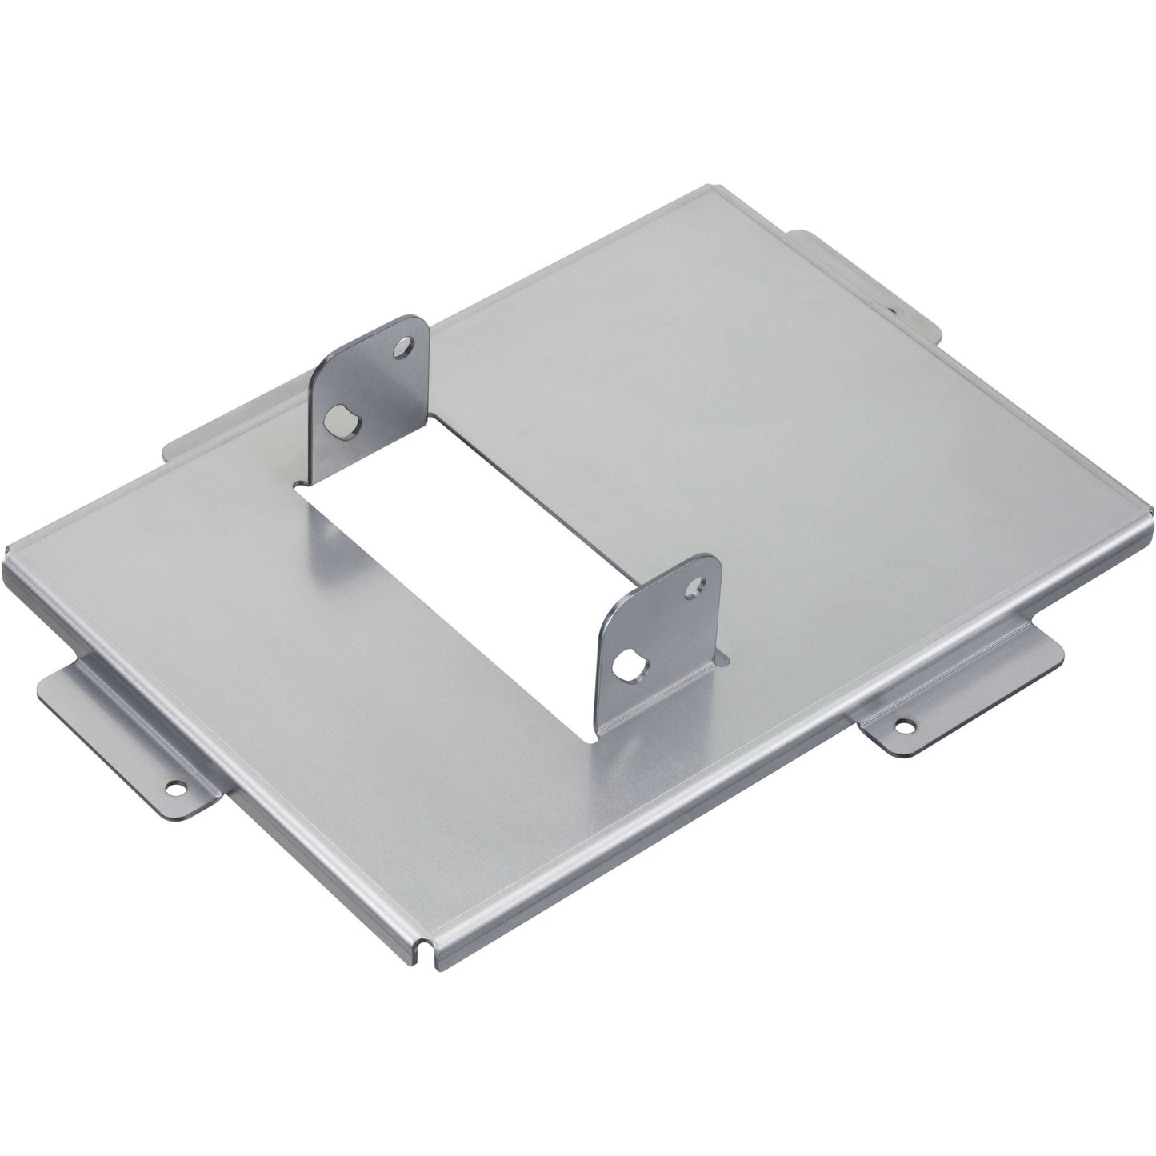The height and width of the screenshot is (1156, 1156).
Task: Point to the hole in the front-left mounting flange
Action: [174, 788]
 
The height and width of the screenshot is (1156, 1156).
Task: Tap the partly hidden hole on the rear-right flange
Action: [894, 306]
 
